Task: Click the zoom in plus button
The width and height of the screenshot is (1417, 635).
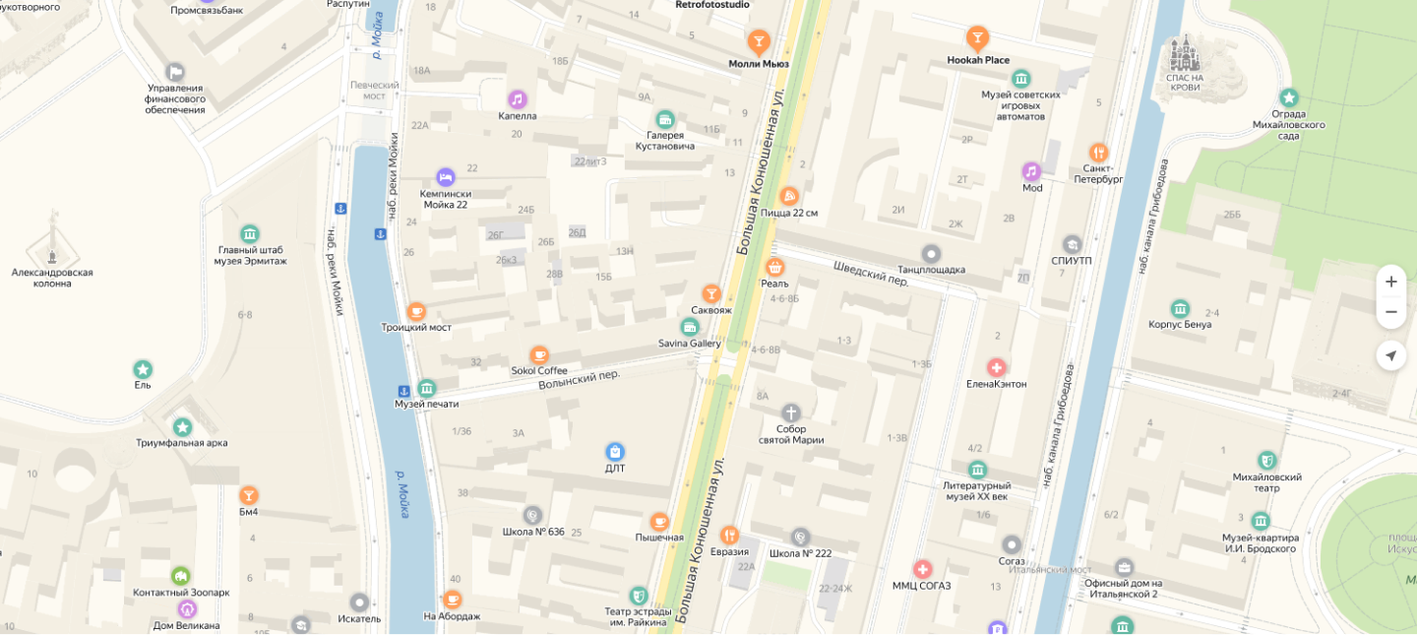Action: [x=1390, y=282]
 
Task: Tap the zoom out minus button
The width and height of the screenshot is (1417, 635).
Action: [x=1390, y=312]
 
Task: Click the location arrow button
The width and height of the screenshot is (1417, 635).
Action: [x=1390, y=355]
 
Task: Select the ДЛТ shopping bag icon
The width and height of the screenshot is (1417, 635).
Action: [x=615, y=451]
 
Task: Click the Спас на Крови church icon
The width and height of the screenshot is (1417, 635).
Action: [x=1184, y=53]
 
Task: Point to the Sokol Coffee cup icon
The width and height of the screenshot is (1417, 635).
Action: [x=539, y=354]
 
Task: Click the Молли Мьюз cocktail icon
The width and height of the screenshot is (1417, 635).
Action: [x=758, y=41]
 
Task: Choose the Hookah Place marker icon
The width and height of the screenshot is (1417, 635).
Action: [x=977, y=38]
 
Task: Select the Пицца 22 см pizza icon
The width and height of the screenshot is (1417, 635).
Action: [x=788, y=196]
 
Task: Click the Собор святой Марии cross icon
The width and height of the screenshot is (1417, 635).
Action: [x=791, y=413]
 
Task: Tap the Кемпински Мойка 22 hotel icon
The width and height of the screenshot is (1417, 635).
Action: [x=445, y=176]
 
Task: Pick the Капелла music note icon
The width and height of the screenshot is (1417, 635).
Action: [x=518, y=98]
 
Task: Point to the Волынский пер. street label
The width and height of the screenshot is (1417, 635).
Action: [x=579, y=379]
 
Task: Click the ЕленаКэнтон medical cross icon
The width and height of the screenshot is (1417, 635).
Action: [x=996, y=367]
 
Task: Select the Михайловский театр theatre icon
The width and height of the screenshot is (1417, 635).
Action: [x=1266, y=460]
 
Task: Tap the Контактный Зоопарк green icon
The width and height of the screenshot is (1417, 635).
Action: [x=181, y=576]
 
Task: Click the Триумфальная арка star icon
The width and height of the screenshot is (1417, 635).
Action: [x=182, y=426]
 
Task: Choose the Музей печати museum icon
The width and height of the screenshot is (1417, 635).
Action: [x=426, y=388]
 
